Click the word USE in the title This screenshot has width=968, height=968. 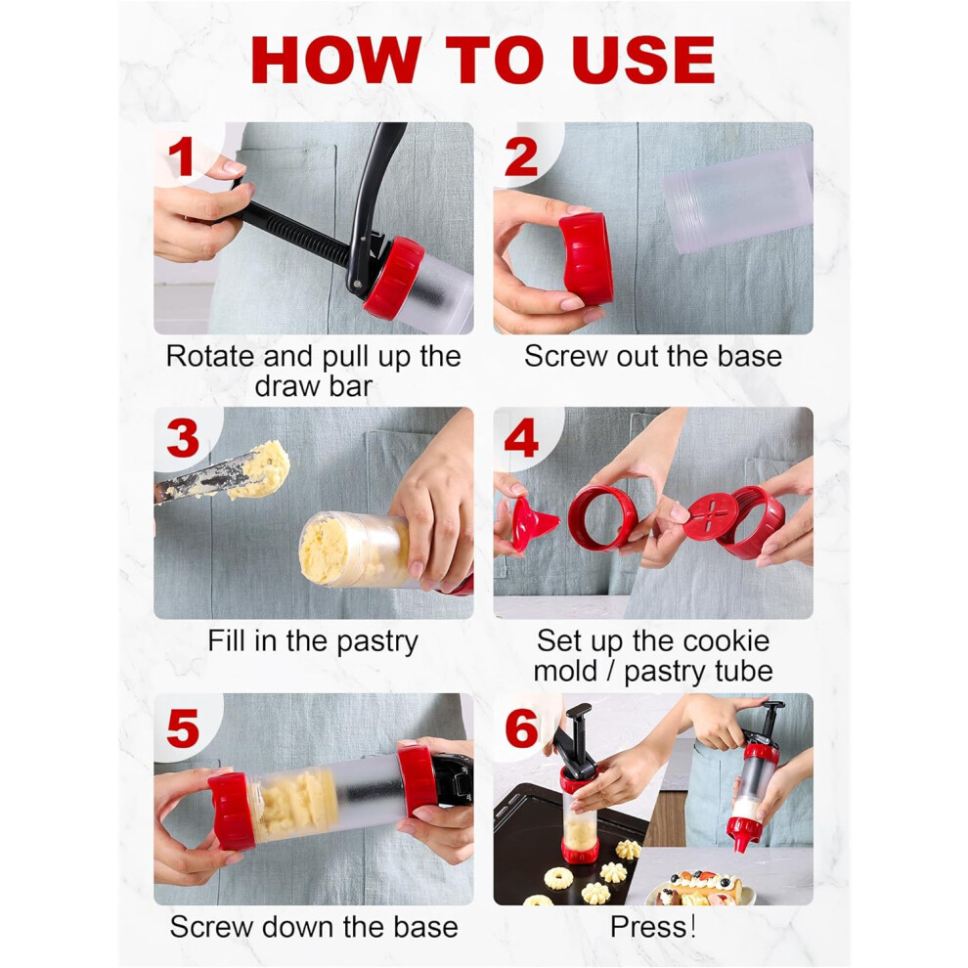pos(643,60)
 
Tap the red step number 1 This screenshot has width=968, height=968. pos(181,156)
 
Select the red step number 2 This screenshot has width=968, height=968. pos(522,156)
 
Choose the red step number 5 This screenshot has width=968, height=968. pos(183,727)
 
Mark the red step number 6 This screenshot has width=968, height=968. pos(522,727)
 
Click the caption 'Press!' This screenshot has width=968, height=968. pos(653,927)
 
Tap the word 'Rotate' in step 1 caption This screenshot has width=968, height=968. pos(210,356)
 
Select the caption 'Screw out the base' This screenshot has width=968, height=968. pos(653,356)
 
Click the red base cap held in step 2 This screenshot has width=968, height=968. pos(586,259)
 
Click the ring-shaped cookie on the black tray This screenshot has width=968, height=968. pos(558,878)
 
